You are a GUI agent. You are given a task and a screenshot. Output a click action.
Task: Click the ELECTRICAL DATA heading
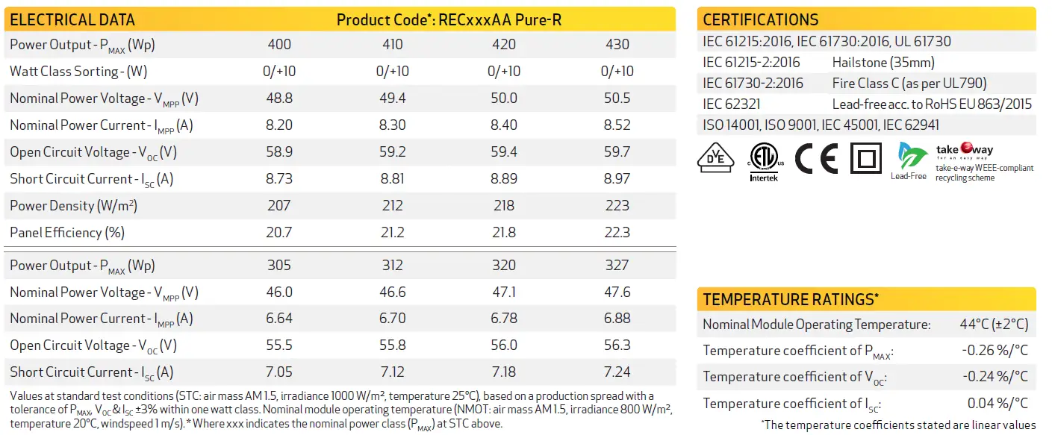click(x=72, y=19)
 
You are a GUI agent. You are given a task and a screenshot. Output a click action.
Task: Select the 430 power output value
click(x=617, y=45)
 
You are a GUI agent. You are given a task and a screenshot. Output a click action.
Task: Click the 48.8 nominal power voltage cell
click(x=279, y=98)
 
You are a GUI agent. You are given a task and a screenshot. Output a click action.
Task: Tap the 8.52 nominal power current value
click(x=617, y=125)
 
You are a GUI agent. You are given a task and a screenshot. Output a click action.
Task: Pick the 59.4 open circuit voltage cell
click(x=504, y=152)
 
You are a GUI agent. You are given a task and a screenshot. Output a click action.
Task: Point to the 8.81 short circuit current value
click(x=392, y=179)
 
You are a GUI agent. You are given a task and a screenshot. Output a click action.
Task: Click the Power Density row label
click(x=73, y=206)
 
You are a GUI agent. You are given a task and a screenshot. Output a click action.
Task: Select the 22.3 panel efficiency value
click(x=617, y=233)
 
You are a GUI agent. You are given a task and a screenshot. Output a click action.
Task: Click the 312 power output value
click(x=392, y=266)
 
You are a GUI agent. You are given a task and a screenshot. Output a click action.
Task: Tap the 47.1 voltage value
click(x=504, y=292)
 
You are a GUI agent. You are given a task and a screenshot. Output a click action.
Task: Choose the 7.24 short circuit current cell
click(x=617, y=372)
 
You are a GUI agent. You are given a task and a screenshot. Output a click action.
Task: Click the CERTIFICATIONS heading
click(x=760, y=20)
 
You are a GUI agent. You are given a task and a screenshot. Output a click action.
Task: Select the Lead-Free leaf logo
click(x=909, y=159)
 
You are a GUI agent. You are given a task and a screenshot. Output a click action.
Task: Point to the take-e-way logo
click(x=965, y=151)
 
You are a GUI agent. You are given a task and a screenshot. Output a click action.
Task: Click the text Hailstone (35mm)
click(x=883, y=63)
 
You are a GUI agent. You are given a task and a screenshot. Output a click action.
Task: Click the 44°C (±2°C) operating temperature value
click(x=994, y=325)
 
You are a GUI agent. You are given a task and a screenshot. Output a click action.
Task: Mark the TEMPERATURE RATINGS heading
click(x=791, y=300)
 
